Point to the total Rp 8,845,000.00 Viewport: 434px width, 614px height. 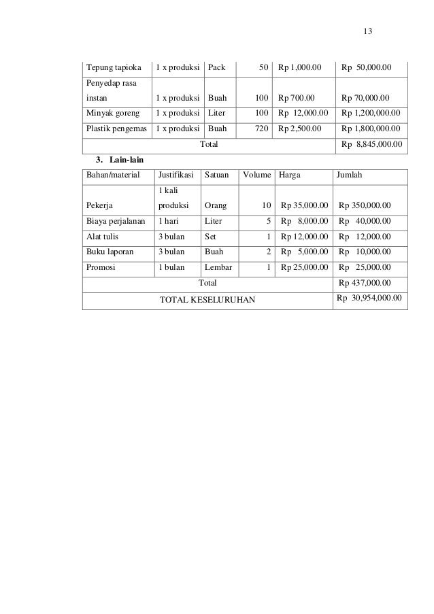click(x=371, y=144)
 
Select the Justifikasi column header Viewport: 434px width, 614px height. click(x=175, y=175)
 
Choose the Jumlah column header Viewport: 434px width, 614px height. click(x=350, y=175)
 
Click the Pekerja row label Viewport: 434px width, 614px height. click(x=99, y=205)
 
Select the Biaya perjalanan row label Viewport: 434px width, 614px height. click(x=116, y=221)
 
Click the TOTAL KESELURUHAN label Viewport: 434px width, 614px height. click(x=207, y=300)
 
